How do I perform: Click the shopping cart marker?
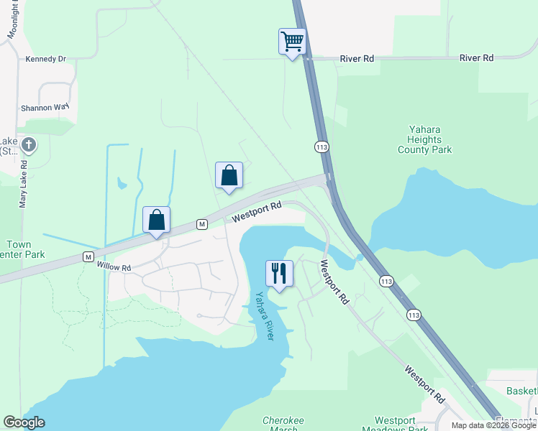292,42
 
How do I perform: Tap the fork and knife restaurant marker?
279,273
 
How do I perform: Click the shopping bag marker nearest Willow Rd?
156,220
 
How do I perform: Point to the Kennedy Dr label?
45,60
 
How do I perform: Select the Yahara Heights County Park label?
425,139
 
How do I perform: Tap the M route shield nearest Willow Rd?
88,256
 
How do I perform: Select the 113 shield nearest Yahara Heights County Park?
322,147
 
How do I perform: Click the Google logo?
24,422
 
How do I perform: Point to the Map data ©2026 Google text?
493,425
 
